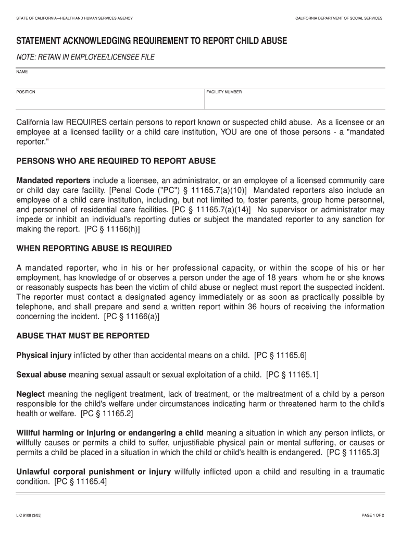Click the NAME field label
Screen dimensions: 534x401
click(x=21, y=71)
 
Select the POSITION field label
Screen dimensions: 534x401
click(x=26, y=92)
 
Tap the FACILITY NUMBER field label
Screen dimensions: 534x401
click(x=224, y=92)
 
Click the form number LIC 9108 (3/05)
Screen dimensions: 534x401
click(x=30, y=515)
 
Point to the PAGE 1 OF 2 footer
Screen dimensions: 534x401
click(x=373, y=515)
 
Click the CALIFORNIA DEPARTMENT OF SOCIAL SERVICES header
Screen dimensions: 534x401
click(x=339, y=18)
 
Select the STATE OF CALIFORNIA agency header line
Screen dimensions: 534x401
click(x=74, y=18)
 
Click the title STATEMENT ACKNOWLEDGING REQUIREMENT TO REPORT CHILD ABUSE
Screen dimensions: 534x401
click(x=152, y=41)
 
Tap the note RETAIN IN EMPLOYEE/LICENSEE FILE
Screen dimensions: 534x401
click(x=86, y=57)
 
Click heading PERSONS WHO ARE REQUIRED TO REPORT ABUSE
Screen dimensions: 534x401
click(x=116, y=161)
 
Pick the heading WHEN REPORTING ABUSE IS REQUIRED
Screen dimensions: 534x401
click(x=94, y=248)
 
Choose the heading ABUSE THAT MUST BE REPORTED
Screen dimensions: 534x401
click(x=83, y=335)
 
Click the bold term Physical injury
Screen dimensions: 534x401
click(x=44, y=355)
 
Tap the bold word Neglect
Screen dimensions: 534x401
click(x=31, y=394)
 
